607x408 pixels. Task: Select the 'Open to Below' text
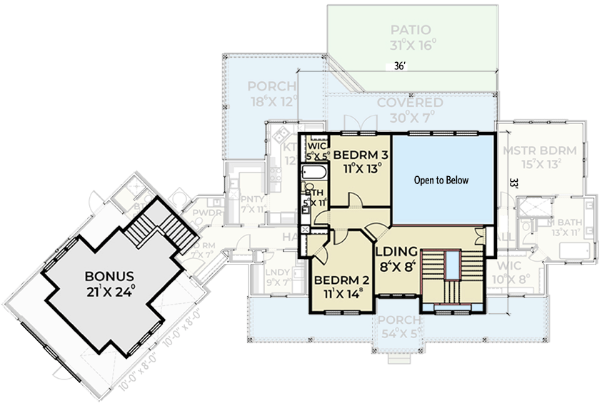[441, 180]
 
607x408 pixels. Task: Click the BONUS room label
[109, 275]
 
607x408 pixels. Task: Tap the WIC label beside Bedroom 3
[316, 146]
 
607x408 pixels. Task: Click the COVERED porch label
[410, 103]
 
